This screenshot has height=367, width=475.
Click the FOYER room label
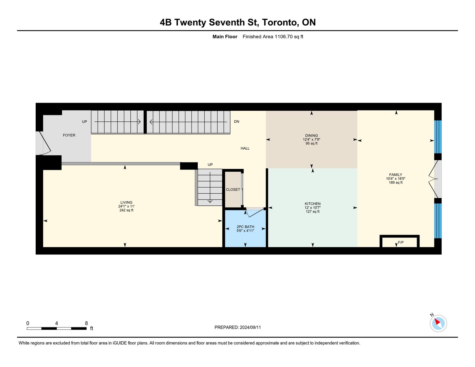69,135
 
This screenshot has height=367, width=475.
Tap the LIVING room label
126,203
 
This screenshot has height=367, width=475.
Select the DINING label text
311,135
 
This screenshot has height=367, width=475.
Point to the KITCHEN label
313,204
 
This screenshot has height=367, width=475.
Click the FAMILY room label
395,175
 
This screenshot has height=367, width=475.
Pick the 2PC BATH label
245,227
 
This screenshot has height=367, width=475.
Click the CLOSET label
233,189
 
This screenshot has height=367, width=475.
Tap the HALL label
245,148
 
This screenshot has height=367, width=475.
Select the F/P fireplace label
401,242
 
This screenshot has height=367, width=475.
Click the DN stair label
237,121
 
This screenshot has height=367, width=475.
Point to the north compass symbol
438,323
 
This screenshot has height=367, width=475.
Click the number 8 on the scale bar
86,323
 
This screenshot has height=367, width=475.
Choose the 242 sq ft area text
126,210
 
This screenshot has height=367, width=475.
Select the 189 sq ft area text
395,183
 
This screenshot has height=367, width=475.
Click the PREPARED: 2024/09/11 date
237,328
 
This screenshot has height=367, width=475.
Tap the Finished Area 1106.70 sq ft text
273,37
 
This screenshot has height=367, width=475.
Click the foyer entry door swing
45,143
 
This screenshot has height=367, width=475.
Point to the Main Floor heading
225,37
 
